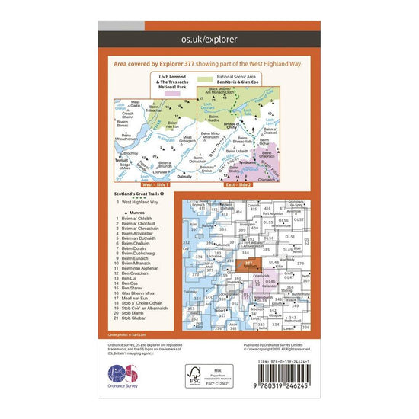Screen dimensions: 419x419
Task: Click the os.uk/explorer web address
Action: click(x=209, y=36)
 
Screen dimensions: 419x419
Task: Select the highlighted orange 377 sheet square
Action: click(x=251, y=264)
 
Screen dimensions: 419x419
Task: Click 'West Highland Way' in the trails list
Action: click(x=136, y=203)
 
